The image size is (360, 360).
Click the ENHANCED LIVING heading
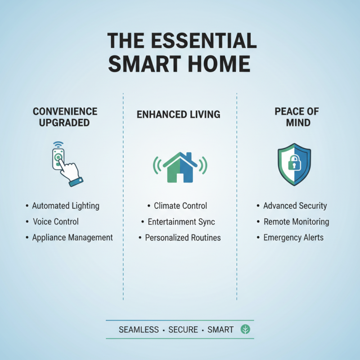tap(179, 114)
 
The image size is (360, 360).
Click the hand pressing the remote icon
tap(67, 164)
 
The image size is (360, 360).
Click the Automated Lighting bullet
tap(65, 206)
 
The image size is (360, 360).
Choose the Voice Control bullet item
tap(55, 221)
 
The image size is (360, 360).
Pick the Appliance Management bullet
tap(72, 237)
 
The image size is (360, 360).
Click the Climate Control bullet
tap(180, 206)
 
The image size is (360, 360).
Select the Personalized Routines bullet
tap(182, 237)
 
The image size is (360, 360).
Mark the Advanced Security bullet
tap(295, 206)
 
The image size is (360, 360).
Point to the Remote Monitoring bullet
tap(296, 222)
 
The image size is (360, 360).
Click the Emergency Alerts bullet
tap(293, 237)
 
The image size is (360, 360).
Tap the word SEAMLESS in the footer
tap(139, 330)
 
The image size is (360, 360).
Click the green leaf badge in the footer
tap(246, 329)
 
